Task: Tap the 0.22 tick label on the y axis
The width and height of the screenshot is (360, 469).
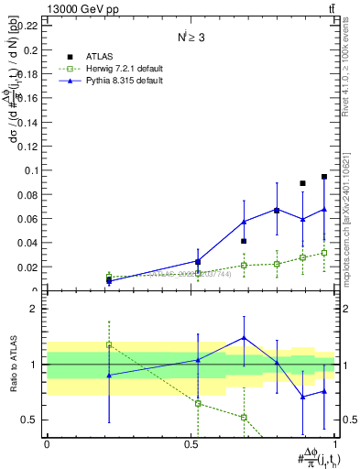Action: point(28,26)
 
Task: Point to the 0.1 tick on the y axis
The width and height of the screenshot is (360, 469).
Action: point(32,170)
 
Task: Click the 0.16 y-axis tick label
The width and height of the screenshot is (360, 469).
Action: point(28,98)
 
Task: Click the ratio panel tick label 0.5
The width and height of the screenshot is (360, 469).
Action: point(30,420)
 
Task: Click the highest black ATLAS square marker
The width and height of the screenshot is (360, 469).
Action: point(324,177)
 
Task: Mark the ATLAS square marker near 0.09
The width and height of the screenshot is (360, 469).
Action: point(302,183)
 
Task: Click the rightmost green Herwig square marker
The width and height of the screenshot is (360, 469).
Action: point(324,253)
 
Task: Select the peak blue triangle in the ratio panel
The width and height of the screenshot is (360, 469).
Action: point(244,338)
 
